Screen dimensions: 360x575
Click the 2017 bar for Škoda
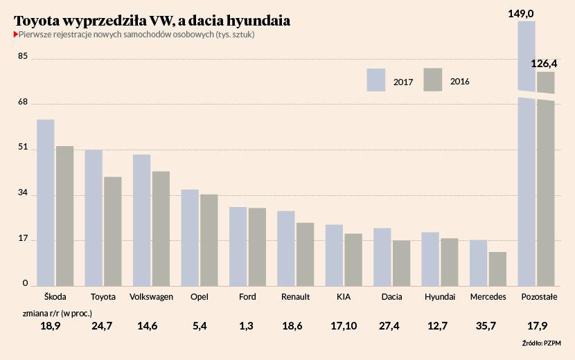(x=46, y=202)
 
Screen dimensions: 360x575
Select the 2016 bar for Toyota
(x=113, y=231)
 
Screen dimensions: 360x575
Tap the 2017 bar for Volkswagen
(x=142, y=219)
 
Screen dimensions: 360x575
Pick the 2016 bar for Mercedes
(x=497, y=268)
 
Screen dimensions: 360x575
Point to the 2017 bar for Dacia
(x=382, y=256)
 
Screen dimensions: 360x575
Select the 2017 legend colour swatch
(x=376, y=80)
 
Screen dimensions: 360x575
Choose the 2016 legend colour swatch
(x=433, y=80)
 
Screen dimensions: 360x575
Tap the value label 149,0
(x=526, y=12)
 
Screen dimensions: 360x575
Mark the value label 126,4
(x=544, y=64)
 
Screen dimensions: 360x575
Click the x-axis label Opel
(x=200, y=296)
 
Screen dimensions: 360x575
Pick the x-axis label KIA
(x=344, y=296)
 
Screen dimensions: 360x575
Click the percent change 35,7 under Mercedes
(x=488, y=325)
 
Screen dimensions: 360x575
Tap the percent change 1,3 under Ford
(x=247, y=325)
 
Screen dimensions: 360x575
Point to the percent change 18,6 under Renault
(x=296, y=325)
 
